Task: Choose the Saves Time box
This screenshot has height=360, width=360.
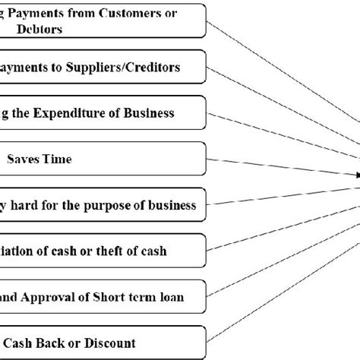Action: [x=103, y=159]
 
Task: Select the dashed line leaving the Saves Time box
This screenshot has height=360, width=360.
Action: [x=281, y=167]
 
